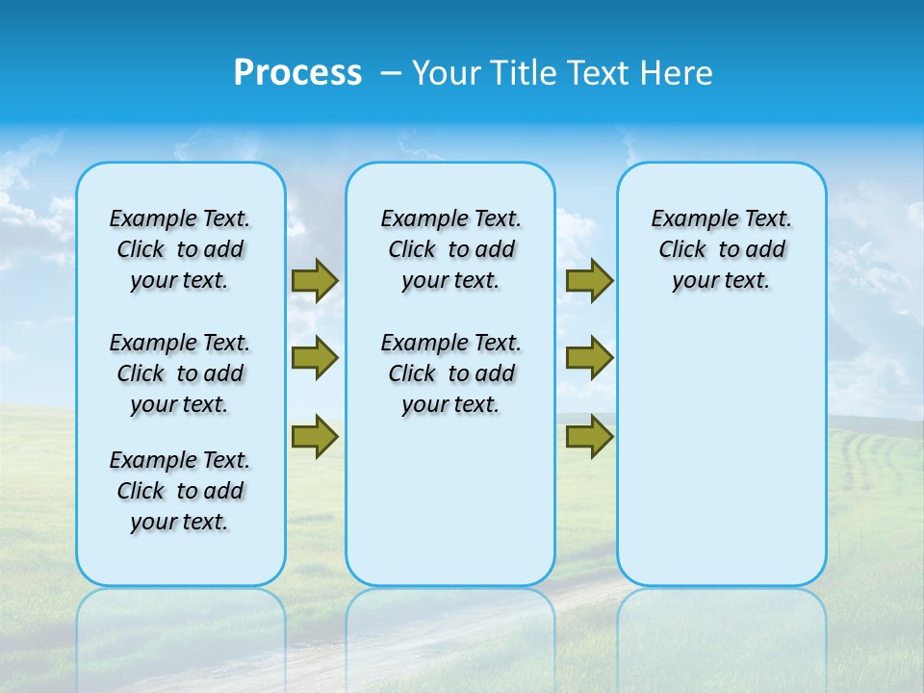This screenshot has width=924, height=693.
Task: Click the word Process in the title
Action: click(297, 73)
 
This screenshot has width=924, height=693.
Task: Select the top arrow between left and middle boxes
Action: click(315, 281)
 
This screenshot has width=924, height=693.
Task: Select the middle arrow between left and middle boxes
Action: click(315, 358)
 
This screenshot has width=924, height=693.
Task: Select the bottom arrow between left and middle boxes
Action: click(315, 436)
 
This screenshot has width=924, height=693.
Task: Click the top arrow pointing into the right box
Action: click(589, 281)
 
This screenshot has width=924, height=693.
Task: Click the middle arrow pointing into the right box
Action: click(589, 358)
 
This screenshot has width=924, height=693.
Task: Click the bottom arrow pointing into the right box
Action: click(589, 436)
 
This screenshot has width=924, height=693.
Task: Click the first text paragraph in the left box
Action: click(180, 249)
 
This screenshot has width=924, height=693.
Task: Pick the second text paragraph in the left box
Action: click(180, 373)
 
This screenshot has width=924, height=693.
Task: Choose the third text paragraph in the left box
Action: click(180, 491)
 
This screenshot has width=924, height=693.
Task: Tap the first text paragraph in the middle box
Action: click(450, 249)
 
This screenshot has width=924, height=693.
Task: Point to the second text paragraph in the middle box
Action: click(450, 373)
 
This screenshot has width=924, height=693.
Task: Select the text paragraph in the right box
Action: click(722, 249)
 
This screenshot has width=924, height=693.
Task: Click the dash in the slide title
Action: click(391, 74)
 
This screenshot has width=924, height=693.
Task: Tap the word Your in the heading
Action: click(447, 73)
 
